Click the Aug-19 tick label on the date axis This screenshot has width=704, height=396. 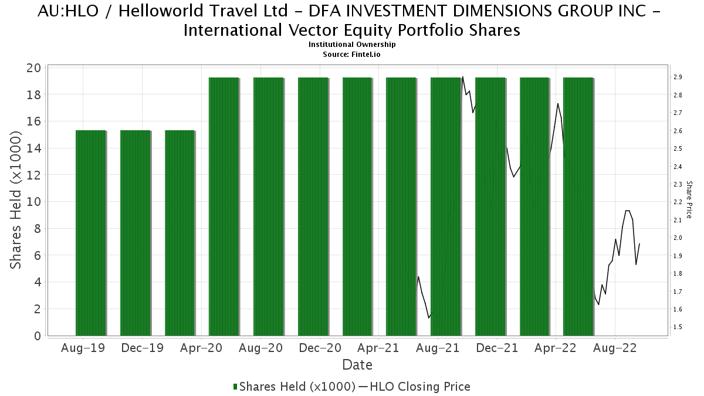coord(83,348)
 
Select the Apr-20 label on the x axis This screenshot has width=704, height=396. coord(201,348)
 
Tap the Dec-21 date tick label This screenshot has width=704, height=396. coord(496,348)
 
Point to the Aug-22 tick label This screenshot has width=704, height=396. coord(614,348)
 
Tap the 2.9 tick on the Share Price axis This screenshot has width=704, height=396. coord(677,77)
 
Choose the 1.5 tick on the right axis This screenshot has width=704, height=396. coord(677,327)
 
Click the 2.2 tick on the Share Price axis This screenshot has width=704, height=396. coord(677,202)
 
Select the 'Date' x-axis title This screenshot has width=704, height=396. coord(357,365)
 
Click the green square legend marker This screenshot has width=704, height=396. coord(235,387)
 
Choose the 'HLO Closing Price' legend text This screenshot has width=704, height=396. coord(419,387)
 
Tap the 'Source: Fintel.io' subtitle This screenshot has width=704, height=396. coord(352,54)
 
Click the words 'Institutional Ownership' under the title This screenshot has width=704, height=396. coord(352,45)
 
